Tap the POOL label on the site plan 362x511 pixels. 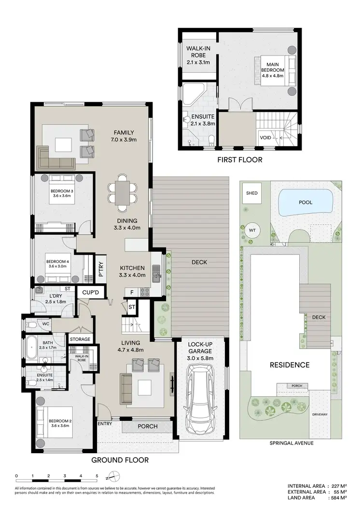[x=306, y=202]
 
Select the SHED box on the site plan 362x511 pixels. [x=252, y=193]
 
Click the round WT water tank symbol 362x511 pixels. [x=252, y=230]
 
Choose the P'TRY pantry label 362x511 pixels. [x=102, y=267]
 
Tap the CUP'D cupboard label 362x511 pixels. [x=91, y=293]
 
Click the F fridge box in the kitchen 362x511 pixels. [x=132, y=292]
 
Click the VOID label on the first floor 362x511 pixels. [x=265, y=137]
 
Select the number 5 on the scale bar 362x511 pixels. [x=97, y=476]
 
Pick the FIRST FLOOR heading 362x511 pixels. [x=239, y=160]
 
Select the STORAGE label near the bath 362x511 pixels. [x=80, y=339]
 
